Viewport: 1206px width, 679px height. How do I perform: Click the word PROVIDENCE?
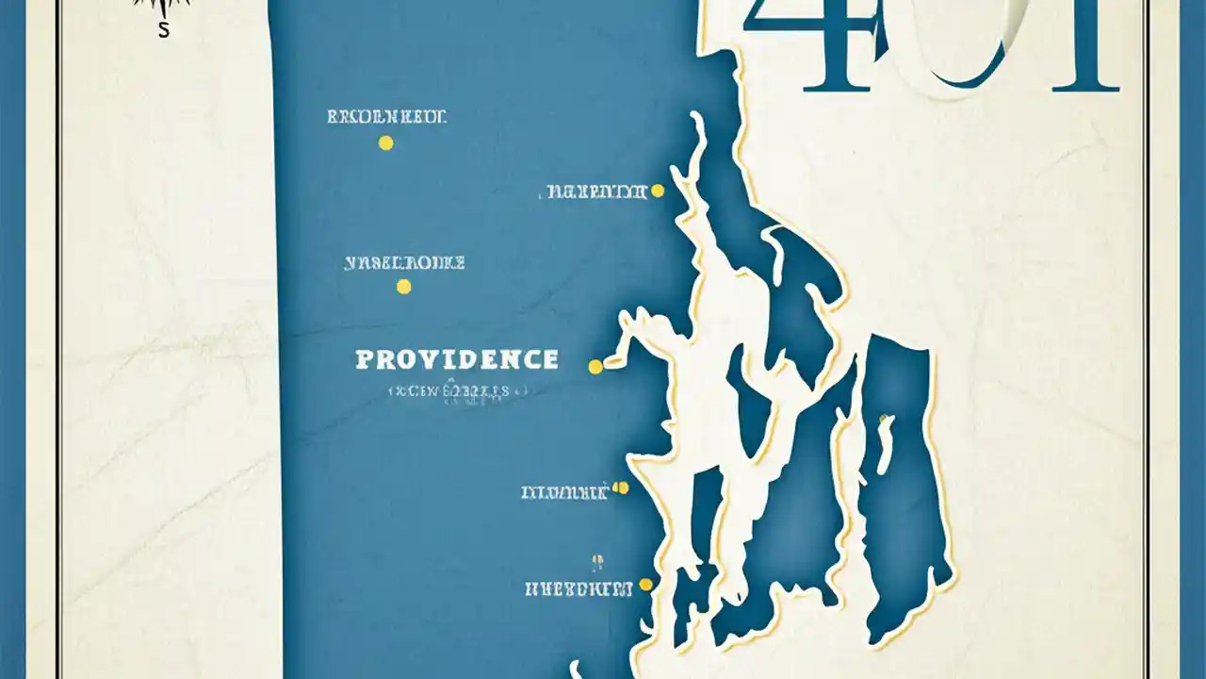[457, 359]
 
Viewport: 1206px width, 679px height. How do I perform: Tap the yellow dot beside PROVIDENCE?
[595, 367]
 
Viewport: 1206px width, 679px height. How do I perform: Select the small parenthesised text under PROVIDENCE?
[458, 389]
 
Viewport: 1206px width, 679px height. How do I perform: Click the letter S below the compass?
[164, 30]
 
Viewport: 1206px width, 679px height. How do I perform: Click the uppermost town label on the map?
[386, 118]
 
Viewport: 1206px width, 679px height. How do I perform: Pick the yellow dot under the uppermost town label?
[385, 143]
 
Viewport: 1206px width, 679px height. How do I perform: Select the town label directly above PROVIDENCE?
[405, 264]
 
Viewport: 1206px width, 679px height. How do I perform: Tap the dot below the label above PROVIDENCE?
[404, 287]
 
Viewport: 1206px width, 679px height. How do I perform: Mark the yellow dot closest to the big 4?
[658, 191]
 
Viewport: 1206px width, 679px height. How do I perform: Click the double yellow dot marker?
[620, 488]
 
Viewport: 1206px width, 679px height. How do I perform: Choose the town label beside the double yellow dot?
[564, 492]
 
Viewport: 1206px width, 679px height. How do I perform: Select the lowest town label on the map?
[579, 590]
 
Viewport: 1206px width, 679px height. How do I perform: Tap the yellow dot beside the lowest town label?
[645, 585]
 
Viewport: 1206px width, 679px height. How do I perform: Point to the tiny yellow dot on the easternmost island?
[883, 417]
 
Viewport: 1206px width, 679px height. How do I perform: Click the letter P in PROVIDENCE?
[365, 359]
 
